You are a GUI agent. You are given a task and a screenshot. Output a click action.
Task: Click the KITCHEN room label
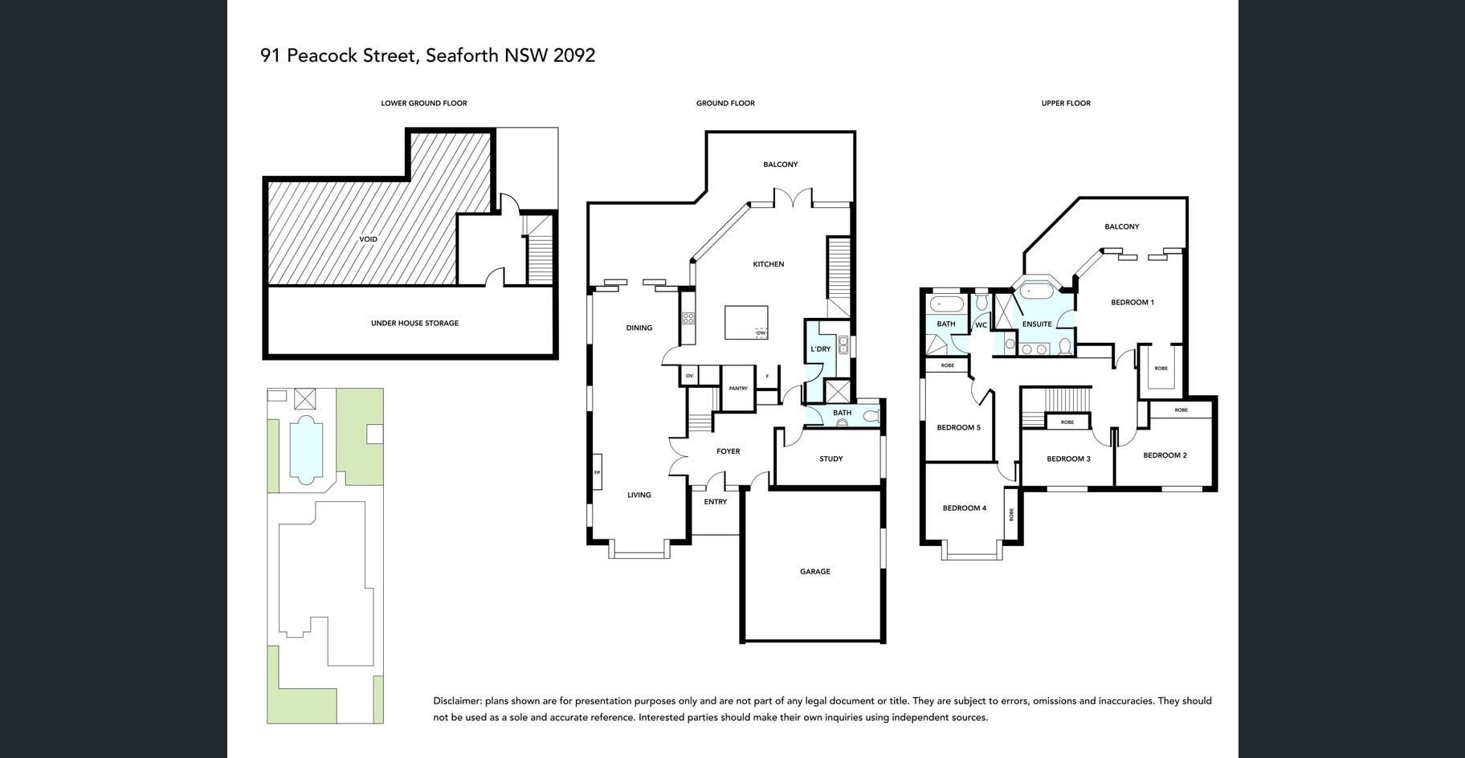pos(768,264)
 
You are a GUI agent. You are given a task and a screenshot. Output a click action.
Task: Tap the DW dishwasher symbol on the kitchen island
pos(761,332)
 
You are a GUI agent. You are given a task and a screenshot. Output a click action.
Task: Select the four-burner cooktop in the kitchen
pos(688,318)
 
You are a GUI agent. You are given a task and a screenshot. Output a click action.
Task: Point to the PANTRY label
pos(738,389)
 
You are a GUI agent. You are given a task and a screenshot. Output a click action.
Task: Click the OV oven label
pos(689,376)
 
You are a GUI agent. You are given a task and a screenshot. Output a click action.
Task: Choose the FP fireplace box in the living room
pos(597,472)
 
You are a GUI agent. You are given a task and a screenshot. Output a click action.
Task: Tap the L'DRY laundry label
pos(821,349)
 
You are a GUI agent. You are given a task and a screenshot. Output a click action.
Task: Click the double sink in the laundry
pos(843,345)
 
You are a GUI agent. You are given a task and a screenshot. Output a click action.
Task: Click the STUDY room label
pos(831,459)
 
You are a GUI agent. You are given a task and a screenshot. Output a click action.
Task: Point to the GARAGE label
pos(815,572)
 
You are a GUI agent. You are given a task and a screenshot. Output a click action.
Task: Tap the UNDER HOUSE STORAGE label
pos(414,324)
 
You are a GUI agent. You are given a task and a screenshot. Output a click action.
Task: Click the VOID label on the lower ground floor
pos(369,239)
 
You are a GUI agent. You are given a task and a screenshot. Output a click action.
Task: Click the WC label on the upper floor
pos(981,325)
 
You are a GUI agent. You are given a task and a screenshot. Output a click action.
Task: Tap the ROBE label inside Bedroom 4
pos(1011,515)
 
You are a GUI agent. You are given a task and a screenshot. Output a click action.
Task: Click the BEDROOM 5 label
pos(959,428)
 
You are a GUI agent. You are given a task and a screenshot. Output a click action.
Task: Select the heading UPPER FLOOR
pos(1066,104)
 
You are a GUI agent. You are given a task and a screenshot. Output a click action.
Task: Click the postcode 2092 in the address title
pos(574,55)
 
